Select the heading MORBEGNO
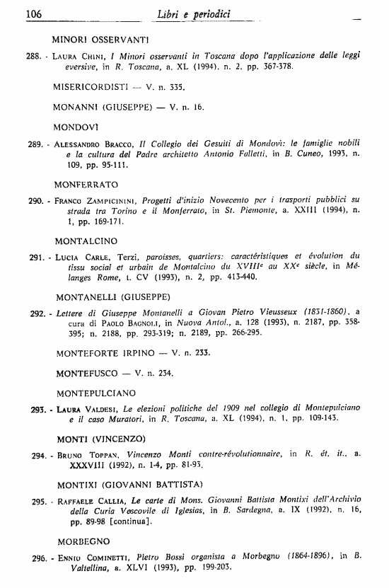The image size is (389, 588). pyautogui.click(x=81, y=541)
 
